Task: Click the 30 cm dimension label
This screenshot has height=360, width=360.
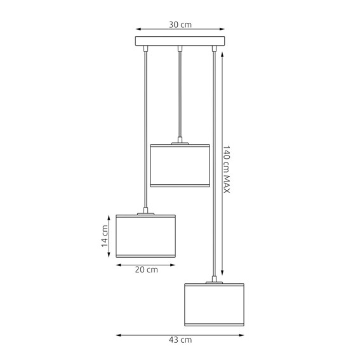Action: click(180, 25)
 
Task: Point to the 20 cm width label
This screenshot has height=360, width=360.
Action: click(146, 269)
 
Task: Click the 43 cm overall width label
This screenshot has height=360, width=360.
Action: click(180, 340)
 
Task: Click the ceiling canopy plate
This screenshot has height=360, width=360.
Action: click(180, 42)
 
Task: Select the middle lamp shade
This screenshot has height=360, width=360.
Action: click(180, 166)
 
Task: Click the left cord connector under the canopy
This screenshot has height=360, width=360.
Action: click(146, 48)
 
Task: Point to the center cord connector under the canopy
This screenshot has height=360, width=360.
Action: click(180, 48)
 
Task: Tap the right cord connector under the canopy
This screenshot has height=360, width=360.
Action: click(215, 48)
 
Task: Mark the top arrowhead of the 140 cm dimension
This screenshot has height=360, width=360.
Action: click(222, 53)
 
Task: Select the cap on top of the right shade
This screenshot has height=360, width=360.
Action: click(215, 280)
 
